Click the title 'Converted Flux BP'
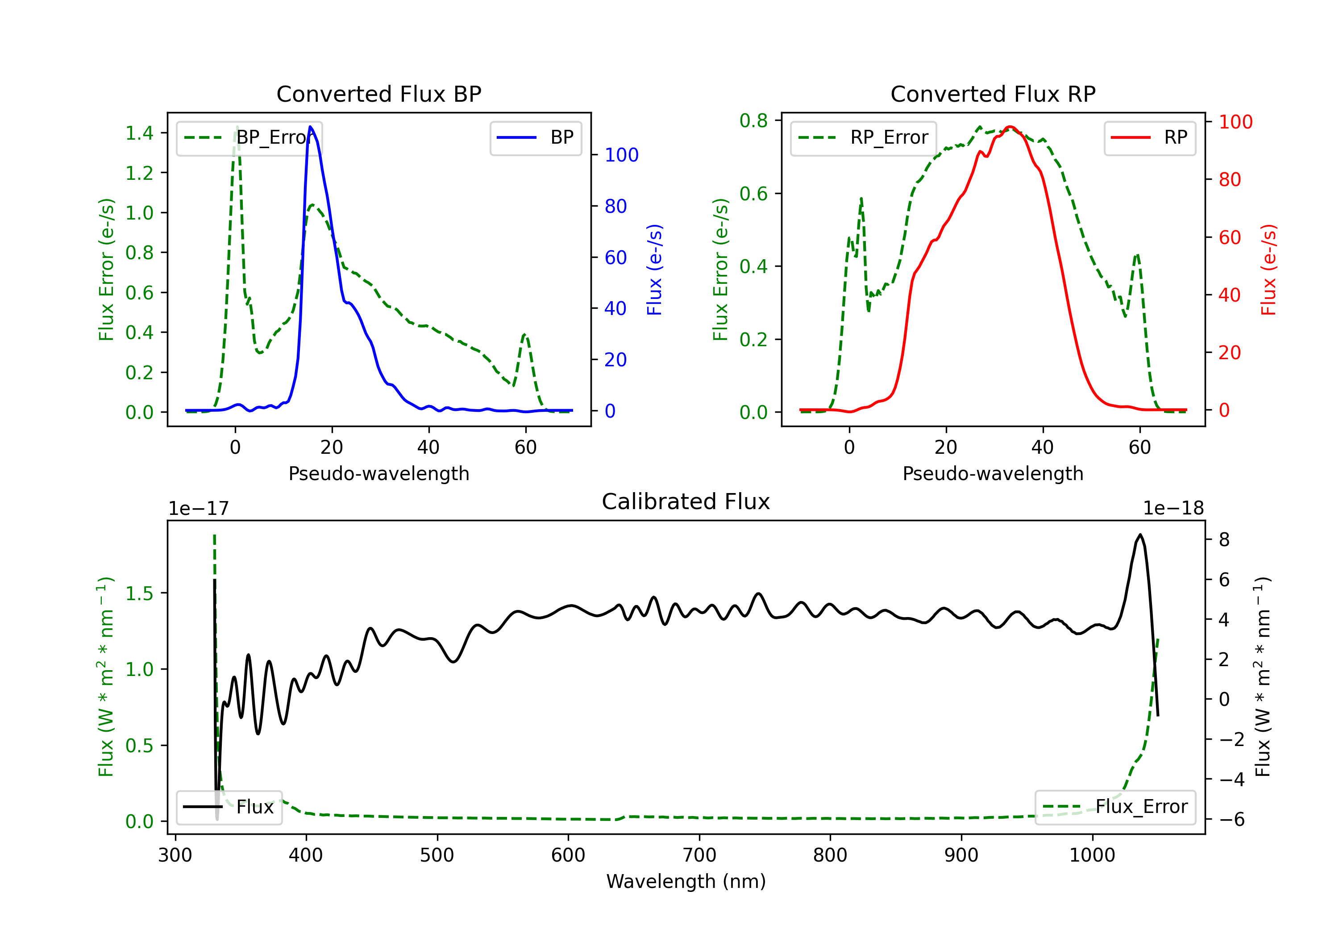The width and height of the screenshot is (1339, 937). (x=378, y=94)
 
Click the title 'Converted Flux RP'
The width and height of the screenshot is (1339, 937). (x=993, y=94)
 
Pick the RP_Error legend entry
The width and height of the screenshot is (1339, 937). (x=863, y=137)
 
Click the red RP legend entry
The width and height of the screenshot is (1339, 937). (x=1149, y=137)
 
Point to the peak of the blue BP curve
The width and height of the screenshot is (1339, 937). (x=310, y=127)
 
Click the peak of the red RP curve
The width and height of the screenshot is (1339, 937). (x=1010, y=127)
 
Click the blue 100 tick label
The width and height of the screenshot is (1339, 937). (x=621, y=155)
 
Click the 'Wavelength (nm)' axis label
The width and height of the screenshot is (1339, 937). (x=686, y=881)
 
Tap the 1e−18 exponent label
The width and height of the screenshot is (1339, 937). (x=1173, y=509)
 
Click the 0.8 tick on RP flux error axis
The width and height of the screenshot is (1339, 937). (x=753, y=121)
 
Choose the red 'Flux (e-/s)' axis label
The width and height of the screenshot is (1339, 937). (x=1268, y=269)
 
